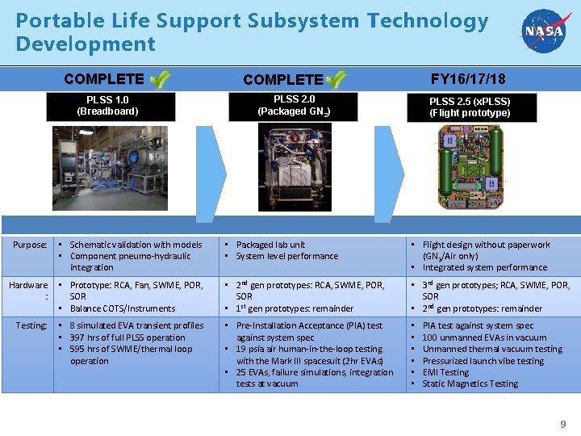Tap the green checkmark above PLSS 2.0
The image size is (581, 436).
(x=336, y=79)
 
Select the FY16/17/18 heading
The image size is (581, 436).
(x=468, y=79)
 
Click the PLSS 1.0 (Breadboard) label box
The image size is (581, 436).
(x=107, y=106)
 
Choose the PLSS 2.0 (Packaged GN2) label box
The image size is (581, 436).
(x=294, y=106)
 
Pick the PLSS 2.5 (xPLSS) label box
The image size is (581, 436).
(x=470, y=107)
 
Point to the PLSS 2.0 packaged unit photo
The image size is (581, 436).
(x=295, y=167)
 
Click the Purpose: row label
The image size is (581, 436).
(x=30, y=245)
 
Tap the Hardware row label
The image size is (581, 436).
(x=29, y=291)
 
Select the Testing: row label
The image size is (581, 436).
(x=31, y=326)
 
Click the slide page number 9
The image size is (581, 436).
(x=563, y=424)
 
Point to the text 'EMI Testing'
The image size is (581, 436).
(x=445, y=372)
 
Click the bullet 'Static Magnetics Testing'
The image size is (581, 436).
(x=470, y=384)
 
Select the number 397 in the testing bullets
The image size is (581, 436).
(x=78, y=337)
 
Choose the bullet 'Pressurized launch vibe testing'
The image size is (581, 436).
(x=483, y=361)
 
